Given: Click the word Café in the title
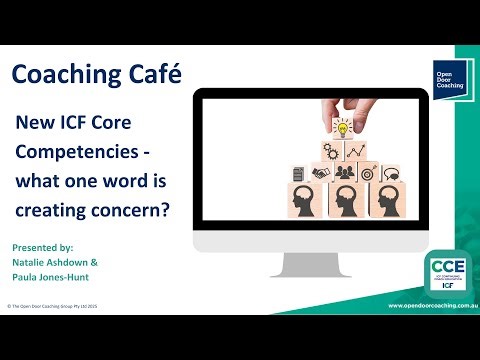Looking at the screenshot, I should (147, 76).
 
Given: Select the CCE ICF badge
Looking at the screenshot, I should (440, 273).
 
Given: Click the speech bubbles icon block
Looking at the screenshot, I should (389, 174).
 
